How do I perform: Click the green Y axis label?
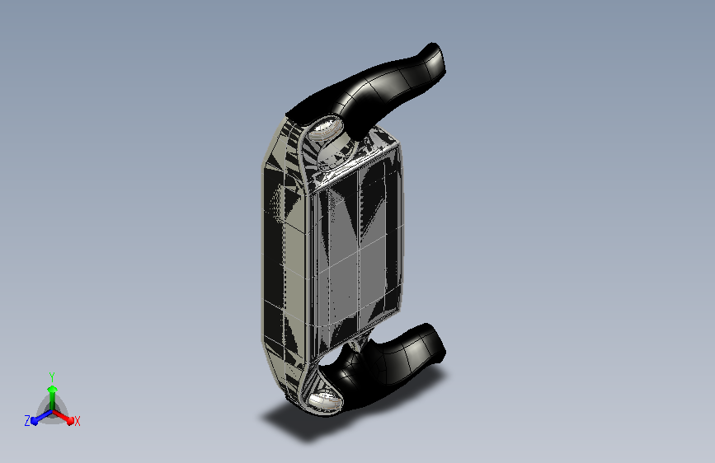coord(52,376)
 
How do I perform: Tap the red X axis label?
coord(77,421)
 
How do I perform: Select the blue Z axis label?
coord(27,421)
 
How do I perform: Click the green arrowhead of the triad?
coord(53,389)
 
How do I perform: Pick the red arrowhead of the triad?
coord(70,420)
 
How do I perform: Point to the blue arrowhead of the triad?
coord(34,421)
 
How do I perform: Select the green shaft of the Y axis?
coord(53,401)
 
